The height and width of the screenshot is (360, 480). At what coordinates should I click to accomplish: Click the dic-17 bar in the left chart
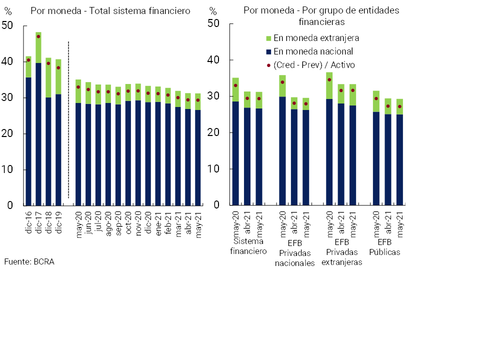(x=38, y=120)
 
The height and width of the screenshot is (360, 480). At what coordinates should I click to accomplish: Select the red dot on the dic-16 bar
(x=28, y=60)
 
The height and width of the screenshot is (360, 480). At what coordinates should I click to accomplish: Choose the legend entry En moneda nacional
(x=309, y=51)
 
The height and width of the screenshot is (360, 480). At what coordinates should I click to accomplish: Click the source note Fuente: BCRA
(x=29, y=261)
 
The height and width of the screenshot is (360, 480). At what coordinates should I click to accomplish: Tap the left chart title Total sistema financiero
(x=110, y=11)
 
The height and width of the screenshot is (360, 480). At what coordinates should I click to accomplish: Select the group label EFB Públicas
(x=384, y=247)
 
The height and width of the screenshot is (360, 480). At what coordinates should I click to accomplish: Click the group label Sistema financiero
(x=248, y=246)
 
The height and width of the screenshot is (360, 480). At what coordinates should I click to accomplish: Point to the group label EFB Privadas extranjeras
(x=341, y=252)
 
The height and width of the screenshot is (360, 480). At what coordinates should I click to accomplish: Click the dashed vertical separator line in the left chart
(x=68, y=120)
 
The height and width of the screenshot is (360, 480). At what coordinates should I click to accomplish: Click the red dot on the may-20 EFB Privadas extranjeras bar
(x=329, y=79)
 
